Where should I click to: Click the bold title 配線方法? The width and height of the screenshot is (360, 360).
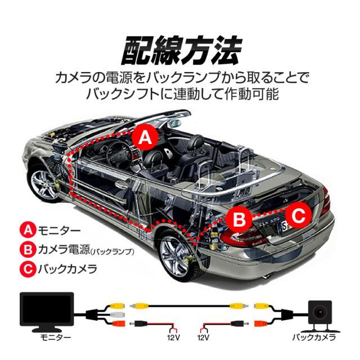tap(181, 50)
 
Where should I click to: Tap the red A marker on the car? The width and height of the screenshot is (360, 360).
tap(145, 137)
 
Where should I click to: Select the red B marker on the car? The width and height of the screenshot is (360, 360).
tap(239, 219)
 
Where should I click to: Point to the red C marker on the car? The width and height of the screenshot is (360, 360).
tap(298, 215)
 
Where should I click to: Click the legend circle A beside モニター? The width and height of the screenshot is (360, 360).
tap(28, 230)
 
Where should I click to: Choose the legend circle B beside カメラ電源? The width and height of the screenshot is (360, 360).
tap(28, 249)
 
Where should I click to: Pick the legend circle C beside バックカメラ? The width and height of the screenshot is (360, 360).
tap(28, 269)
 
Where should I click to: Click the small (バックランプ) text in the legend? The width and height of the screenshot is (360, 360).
tap(112, 252)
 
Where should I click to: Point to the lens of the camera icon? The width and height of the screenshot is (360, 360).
tap(319, 312)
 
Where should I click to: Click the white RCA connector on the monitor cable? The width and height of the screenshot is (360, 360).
tap(118, 314)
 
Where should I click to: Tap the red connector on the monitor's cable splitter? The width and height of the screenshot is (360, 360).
tap(118, 323)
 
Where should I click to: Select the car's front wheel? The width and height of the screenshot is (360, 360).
tap(44, 182)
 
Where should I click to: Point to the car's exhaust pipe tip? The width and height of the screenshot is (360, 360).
tap(267, 276)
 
